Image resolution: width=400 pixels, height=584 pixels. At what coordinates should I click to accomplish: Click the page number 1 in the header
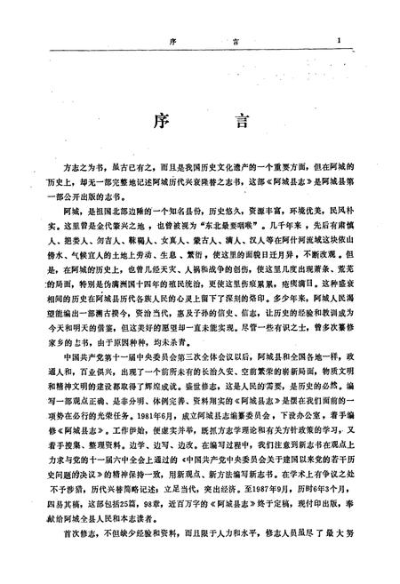point(352,40)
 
